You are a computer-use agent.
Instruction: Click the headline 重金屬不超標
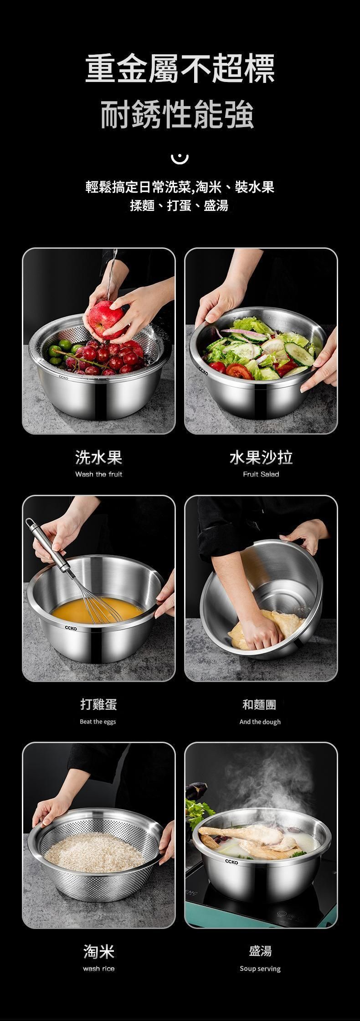click(x=180, y=68)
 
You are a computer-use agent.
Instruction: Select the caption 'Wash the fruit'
click(x=99, y=474)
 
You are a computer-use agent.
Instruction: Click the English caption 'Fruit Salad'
click(x=261, y=474)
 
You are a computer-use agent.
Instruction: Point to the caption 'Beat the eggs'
click(x=98, y=722)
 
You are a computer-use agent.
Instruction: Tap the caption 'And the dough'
click(x=260, y=722)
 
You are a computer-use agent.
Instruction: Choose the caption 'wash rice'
click(x=99, y=969)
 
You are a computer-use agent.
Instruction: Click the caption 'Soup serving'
click(x=260, y=969)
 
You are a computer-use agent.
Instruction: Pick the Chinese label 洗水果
click(x=99, y=457)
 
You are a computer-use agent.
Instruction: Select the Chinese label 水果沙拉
click(x=261, y=457)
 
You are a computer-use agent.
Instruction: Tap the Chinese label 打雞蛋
click(x=99, y=704)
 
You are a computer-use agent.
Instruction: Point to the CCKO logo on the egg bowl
click(x=71, y=628)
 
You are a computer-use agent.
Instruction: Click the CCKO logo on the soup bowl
click(x=231, y=862)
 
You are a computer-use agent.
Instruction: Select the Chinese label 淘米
click(x=99, y=951)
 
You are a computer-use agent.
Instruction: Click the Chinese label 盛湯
click(x=260, y=951)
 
